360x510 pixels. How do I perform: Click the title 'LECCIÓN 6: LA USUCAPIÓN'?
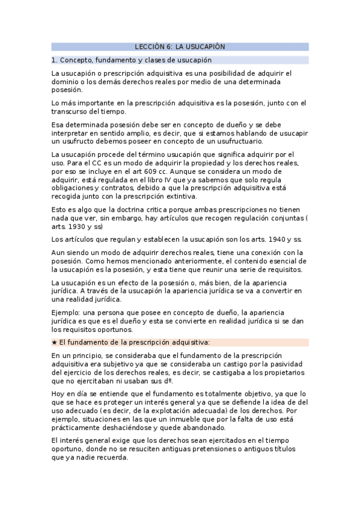click(180, 46)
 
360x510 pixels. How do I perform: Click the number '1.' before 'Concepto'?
click(54, 60)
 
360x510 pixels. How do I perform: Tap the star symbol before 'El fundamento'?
click(54, 342)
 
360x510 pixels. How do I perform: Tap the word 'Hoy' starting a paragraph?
click(59, 393)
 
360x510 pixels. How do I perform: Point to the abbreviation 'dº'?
click(169, 381)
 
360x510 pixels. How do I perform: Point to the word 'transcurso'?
click(71, 111)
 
